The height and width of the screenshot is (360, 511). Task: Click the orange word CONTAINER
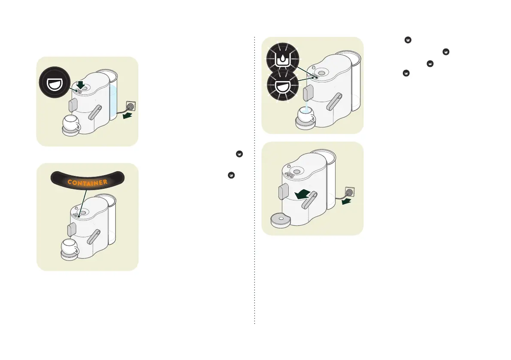point(87,182)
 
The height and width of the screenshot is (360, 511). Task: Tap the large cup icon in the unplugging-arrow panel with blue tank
point(54,82)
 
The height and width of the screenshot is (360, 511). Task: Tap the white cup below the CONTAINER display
point(70,248)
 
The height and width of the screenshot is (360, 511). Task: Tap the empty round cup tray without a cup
point(281,219)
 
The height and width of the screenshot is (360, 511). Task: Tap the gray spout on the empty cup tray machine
point(283,191)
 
